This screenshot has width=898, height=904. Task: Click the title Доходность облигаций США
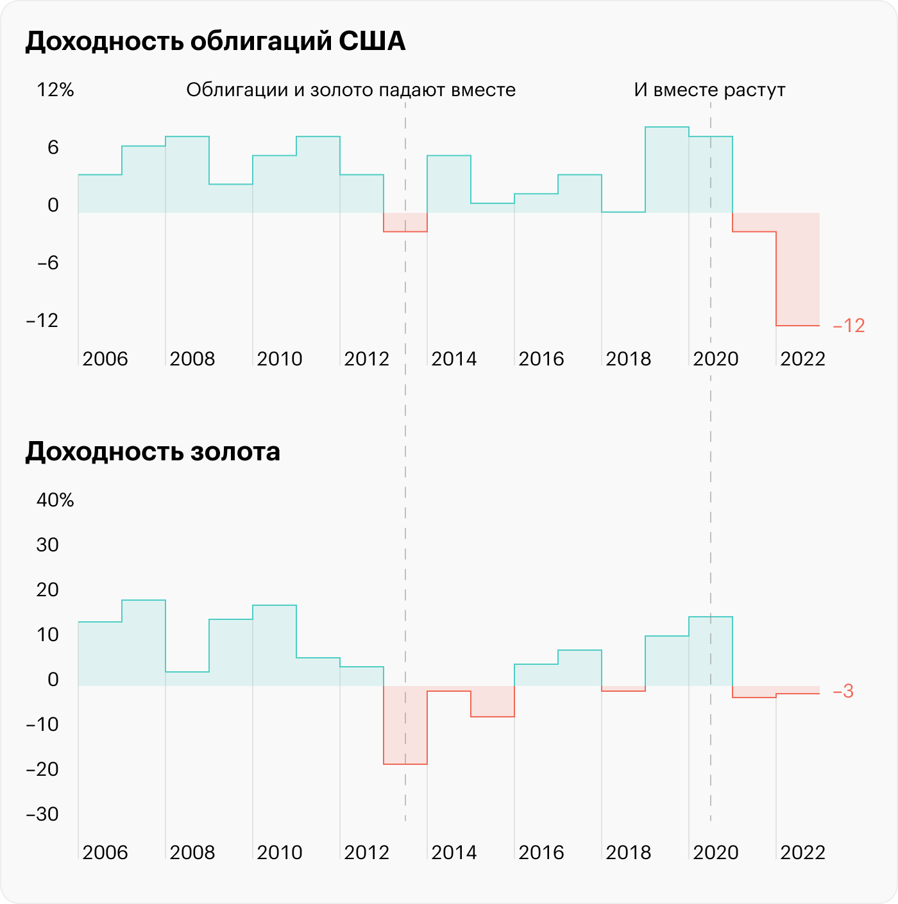point(216,42)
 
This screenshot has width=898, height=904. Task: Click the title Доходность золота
point(153,453)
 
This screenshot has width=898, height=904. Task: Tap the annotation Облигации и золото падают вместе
point(351,90)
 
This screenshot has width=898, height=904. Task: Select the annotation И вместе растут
point(709,90)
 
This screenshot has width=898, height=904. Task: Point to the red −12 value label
point(849,326)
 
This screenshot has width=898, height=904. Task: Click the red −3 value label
point(843,692)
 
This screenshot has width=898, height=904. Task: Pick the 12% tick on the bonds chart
point(55,90)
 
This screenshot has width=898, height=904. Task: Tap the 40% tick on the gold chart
point(55,500)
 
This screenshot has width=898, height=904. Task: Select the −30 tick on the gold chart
point(42,814)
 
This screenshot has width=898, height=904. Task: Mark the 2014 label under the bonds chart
point(453,359)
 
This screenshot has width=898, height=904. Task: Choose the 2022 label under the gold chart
point(802,853)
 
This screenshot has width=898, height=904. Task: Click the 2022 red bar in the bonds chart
point(798,269)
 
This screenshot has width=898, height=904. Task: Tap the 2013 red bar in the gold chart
point(405,724)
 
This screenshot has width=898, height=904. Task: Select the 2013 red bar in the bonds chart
point(405,222)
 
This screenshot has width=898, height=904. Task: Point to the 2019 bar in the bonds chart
point(667,170)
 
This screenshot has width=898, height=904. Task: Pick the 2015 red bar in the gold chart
point(493,701)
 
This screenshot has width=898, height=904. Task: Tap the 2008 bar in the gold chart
point(187,679)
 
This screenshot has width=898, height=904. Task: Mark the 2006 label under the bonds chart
point(105,359)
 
